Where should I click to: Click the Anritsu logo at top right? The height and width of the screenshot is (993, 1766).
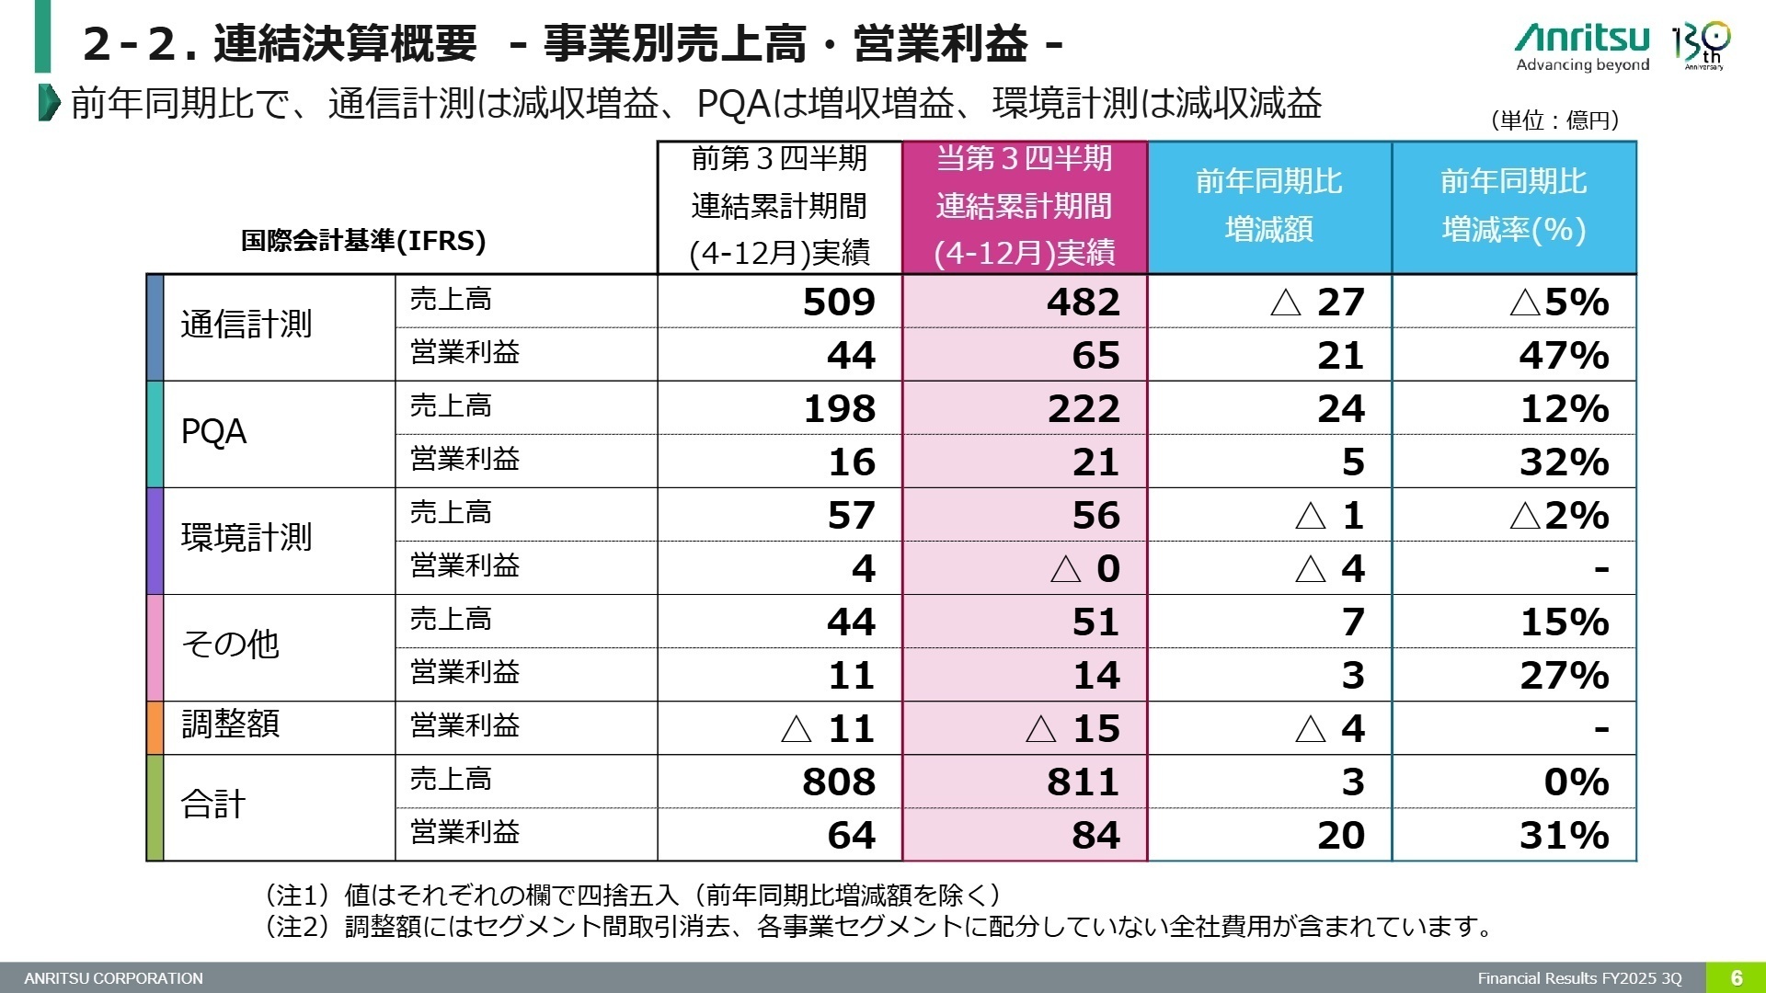pyautogui.click(x=1582, y=46)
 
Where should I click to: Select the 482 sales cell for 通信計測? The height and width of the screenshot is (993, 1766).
pyautogui.click(x=1083, y=302)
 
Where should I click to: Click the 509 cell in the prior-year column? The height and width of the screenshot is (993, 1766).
pyautogui.click(x=838, y=302)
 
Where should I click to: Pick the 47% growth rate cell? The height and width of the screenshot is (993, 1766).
pyautogui.click(x=1563, y=355)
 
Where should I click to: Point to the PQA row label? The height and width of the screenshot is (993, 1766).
pyautogui.click(x=213, y=432)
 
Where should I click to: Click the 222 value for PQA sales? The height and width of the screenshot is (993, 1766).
pyautogui.click(x=1083, y=408)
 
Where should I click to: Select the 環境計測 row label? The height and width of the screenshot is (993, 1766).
pyautogui.click(x=246, y=538)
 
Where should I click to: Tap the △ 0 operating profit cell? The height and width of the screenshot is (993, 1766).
pyautogui.click(x=1085, y=568)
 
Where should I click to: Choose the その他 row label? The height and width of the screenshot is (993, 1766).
pyautogui.click(x=230, y=644)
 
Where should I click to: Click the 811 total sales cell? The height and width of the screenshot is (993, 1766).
pyautogui.click(x=1083, y=782)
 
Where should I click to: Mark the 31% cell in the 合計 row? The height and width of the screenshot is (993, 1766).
pyautogui.click(x=1563, y=835)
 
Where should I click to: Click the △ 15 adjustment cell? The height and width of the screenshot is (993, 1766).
pyautogui.click(x=1072, y=728)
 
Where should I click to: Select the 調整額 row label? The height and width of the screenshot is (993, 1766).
pyautogui.click(x=230, y=725)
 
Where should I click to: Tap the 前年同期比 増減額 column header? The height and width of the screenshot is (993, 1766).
pyautogui.click(x=1269, y=205)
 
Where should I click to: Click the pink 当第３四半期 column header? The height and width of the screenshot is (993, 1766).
pyautogui.click(x=1024, y=205)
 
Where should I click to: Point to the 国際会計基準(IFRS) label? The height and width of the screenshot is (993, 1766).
pyautogui.click(x=363, y=241)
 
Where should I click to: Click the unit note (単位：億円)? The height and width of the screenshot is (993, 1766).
pyautogui.click(x=1554, y=120)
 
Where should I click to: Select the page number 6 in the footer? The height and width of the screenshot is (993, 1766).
pyautogui.click(x=1736, y=977)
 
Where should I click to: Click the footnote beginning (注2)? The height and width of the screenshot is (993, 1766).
pyautogui.click(x=878, y=926)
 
